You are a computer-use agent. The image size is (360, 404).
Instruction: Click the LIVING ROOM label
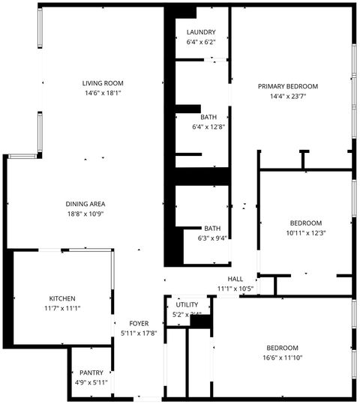103,83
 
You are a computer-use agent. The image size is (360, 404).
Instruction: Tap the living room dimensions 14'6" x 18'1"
103,94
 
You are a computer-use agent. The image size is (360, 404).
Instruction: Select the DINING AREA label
85,204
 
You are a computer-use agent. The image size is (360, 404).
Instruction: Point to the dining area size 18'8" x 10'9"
85,214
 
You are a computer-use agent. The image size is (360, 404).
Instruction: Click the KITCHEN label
62,298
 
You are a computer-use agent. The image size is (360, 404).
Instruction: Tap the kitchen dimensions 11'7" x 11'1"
62,308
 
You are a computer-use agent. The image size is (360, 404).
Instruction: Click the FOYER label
138,323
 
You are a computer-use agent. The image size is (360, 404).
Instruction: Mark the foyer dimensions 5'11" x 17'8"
138,334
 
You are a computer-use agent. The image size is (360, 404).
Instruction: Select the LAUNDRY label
201,32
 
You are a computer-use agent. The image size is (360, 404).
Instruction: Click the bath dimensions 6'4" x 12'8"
208,127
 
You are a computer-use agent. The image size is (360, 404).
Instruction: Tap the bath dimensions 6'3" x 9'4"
212,239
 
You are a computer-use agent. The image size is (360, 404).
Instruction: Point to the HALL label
235,279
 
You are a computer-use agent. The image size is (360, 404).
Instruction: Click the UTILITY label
187,305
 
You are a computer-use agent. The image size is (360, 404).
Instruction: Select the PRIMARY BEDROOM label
288,86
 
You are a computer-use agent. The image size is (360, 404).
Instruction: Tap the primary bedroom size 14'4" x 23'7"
288,97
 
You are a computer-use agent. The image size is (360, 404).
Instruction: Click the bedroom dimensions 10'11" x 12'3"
306,233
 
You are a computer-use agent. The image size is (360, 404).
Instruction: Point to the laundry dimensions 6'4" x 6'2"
201,43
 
